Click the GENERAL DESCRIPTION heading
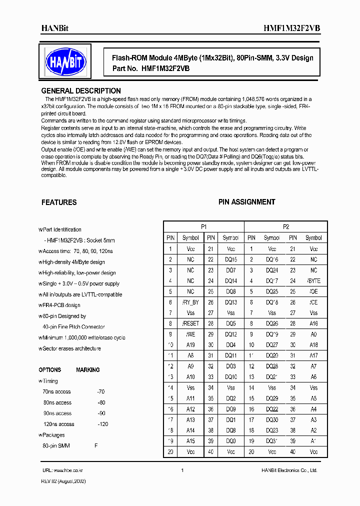(80, 91)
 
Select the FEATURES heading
(59, 202)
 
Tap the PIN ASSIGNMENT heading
(246, 202)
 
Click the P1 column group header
(203, 226)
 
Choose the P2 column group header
(286, 226)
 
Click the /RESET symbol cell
(190, 323)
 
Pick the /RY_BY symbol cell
(190, 302)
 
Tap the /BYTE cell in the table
(313, 281)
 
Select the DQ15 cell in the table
(231, 259)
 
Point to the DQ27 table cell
(272, 345)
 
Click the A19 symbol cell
(190, 345)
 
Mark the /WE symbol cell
(190, 334)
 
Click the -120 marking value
(102, 424)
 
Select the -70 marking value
(101, 391)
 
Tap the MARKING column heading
(87, 370)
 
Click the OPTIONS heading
(49, 370)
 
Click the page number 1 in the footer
(182, 470)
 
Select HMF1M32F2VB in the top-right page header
(291, 29)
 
